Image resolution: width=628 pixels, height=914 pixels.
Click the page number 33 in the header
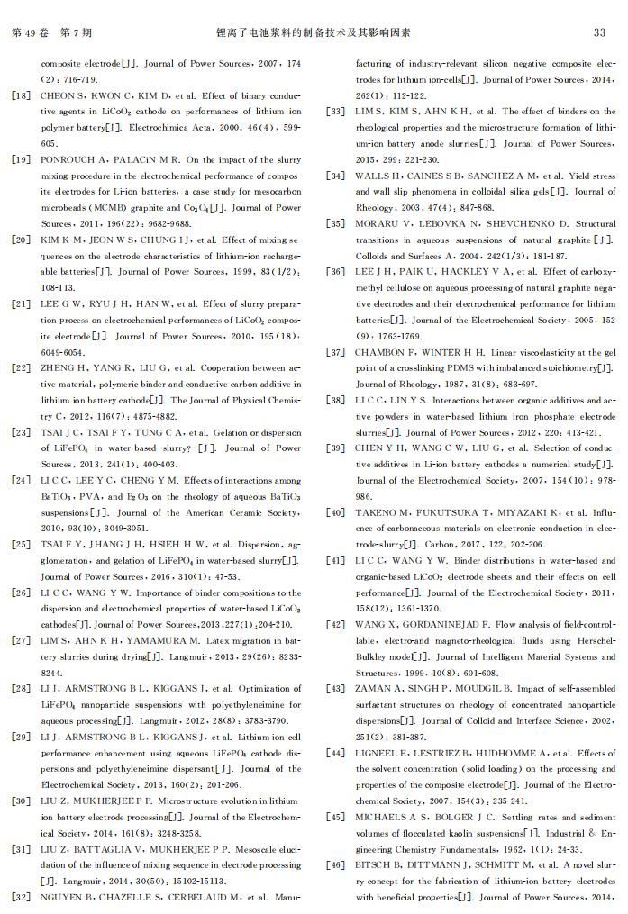coord(599,32)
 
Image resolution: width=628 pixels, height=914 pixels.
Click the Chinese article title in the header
coord(314,32)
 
